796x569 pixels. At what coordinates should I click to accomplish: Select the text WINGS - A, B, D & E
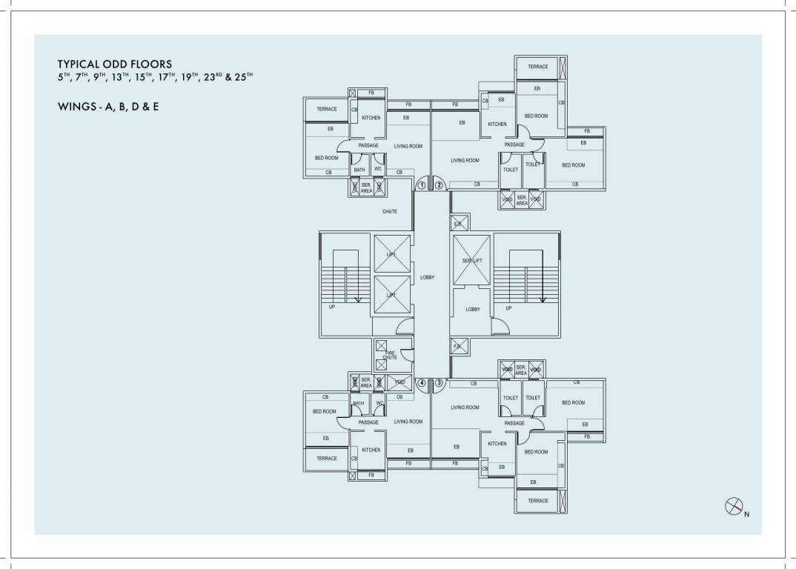tap(107, 107)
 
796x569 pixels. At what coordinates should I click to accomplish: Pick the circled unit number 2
tap(439, 185)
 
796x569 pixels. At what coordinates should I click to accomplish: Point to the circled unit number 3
tap(439, 383)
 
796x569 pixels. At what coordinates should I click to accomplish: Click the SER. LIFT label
tap(472, 261)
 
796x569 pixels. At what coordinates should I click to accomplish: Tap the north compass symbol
tap(734, 506)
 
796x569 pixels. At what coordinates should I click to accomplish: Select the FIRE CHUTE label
tap(390, 355)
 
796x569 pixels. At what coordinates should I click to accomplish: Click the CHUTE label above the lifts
tap(390, 211)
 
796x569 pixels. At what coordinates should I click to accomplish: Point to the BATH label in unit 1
tap(359, 170)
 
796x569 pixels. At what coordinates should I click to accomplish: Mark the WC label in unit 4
tap(379, 403)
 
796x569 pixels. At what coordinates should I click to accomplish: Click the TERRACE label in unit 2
tap(538, 67)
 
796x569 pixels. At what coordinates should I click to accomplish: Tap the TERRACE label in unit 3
tap(538, 501)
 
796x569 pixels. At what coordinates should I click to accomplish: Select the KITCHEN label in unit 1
tap(371, 118)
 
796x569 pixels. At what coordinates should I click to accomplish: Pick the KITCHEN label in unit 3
tap(497, 444)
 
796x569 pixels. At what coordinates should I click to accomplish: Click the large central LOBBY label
tap(427, 277)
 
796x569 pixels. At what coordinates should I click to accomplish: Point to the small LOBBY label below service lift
tap(473, 309)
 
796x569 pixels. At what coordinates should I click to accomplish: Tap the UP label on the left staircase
tap(332, 307)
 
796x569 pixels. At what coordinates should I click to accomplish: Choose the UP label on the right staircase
tap(508, 307)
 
